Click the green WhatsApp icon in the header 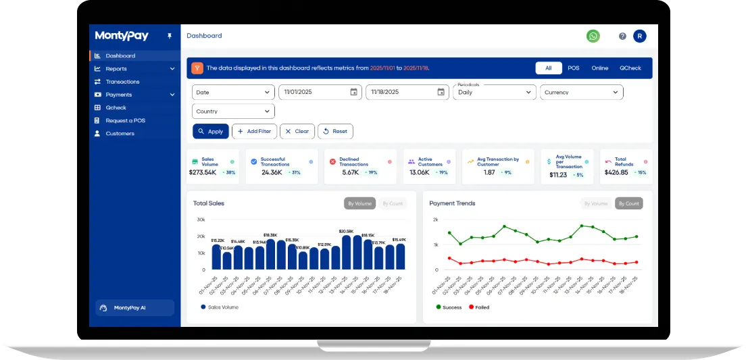(593, 36)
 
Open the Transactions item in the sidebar (122, 82)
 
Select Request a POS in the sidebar (125, 121)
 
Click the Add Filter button (254, 132)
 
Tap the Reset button (335, 132)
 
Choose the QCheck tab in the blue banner (630, 68)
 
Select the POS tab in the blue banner (573, 68)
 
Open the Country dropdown (233, 111)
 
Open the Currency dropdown (581, 93)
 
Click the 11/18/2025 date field (407, 93)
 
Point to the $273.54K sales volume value (203, 173)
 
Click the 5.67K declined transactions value (350, 173)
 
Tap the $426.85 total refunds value (616, 173)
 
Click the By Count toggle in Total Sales (393, 203)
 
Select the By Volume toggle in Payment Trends (595, 203)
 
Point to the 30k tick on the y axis (201, 220)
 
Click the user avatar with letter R (639, 36)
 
